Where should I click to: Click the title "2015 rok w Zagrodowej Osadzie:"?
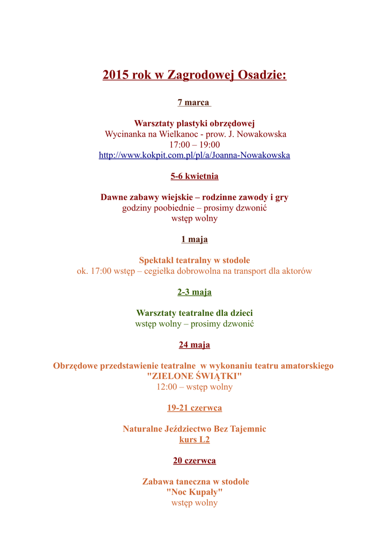[x=195, y=75]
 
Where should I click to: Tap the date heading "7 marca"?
[x=194, y=102]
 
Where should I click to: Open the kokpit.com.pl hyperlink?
[x=195, y=155]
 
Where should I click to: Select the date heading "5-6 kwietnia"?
[x=195, y=176]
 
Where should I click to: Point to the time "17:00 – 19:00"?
[x=195, y=145]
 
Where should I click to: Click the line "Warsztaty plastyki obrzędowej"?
[x=195, y=123]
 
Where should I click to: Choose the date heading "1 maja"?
[x=195, y=239]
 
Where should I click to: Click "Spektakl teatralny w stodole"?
[x=195, y=260]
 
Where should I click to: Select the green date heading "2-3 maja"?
[x=195, y=292]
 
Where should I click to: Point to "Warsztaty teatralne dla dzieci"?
[x=195, y=313]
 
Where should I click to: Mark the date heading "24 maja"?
[x=195, y=345]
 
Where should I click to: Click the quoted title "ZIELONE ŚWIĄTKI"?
[x=195, y=376]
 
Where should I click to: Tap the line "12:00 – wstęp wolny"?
[x=195, y=387]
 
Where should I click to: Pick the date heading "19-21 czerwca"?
[x=195, y=408]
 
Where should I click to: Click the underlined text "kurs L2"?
[x=195, y=440]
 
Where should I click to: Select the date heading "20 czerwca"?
[x=195, y=461]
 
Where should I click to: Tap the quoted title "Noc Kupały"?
[x=195, y=492]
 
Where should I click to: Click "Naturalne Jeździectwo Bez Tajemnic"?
[x=195, y=429]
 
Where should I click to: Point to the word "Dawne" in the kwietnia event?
[x=114, y=197]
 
